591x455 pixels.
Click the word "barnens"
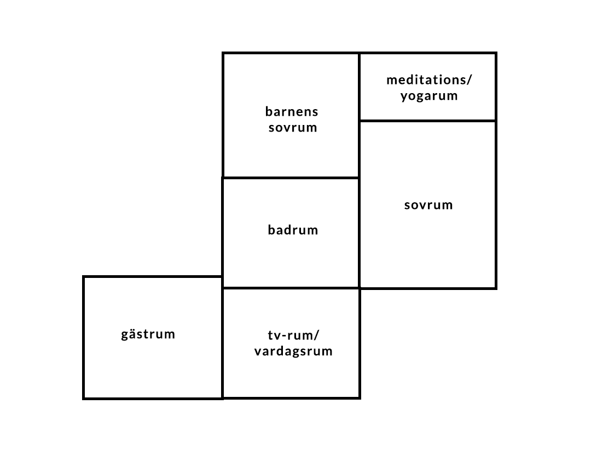click(x=292, y=112)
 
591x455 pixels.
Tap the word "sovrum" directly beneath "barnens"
click(x=293, y=128)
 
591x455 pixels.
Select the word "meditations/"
click(x=429, y=79)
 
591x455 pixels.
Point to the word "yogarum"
click(x=429, y=96)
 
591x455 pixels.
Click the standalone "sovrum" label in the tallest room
click(x=428, y=205)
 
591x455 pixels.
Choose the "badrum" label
click(x=293, y=230)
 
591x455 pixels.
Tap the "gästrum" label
click(x=148, y=334)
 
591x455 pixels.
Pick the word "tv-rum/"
click(x=294, y=335)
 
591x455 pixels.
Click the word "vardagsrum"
click(x=293, y=351)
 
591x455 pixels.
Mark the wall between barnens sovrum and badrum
click(x=291, y=178)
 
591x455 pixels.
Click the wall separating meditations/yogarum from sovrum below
click(x=428, y=121)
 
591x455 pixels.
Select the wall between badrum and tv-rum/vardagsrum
click(x=291, y=288)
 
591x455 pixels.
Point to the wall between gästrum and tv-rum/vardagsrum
click(x=222, y=338)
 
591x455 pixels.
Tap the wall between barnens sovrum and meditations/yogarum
click(x=359, y=87)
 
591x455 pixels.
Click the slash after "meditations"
click(x=469, y=79)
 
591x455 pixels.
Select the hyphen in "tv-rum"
click(x=285, y=335)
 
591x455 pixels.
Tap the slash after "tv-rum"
click(x=317, y=335)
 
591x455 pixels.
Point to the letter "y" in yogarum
click(x=404, y=98)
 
